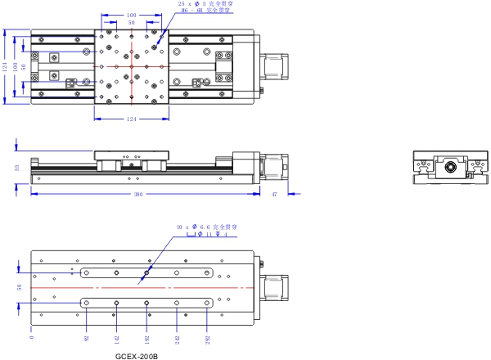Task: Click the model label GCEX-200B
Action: coord(136,356)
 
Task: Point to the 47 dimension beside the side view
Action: coord(274,195)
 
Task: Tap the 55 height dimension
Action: coord(17,169)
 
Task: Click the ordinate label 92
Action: coord(86,335)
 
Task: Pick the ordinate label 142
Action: coord(116,335)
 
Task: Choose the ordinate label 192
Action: coord(147,335)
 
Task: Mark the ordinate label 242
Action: coord(178,335)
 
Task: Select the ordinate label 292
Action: coord(208,335)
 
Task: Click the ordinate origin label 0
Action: coord(31,335)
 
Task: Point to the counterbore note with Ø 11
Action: coord(205,234)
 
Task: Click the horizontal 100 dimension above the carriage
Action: coord(131,15)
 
